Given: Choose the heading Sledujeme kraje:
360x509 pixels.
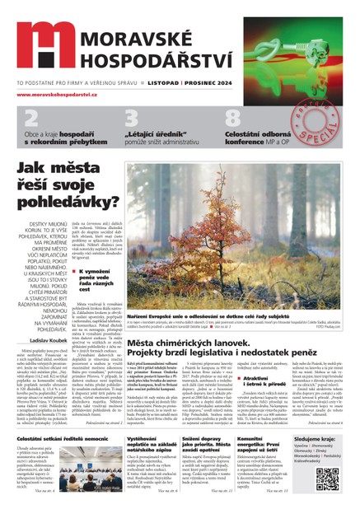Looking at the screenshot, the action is coord(317,441).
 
